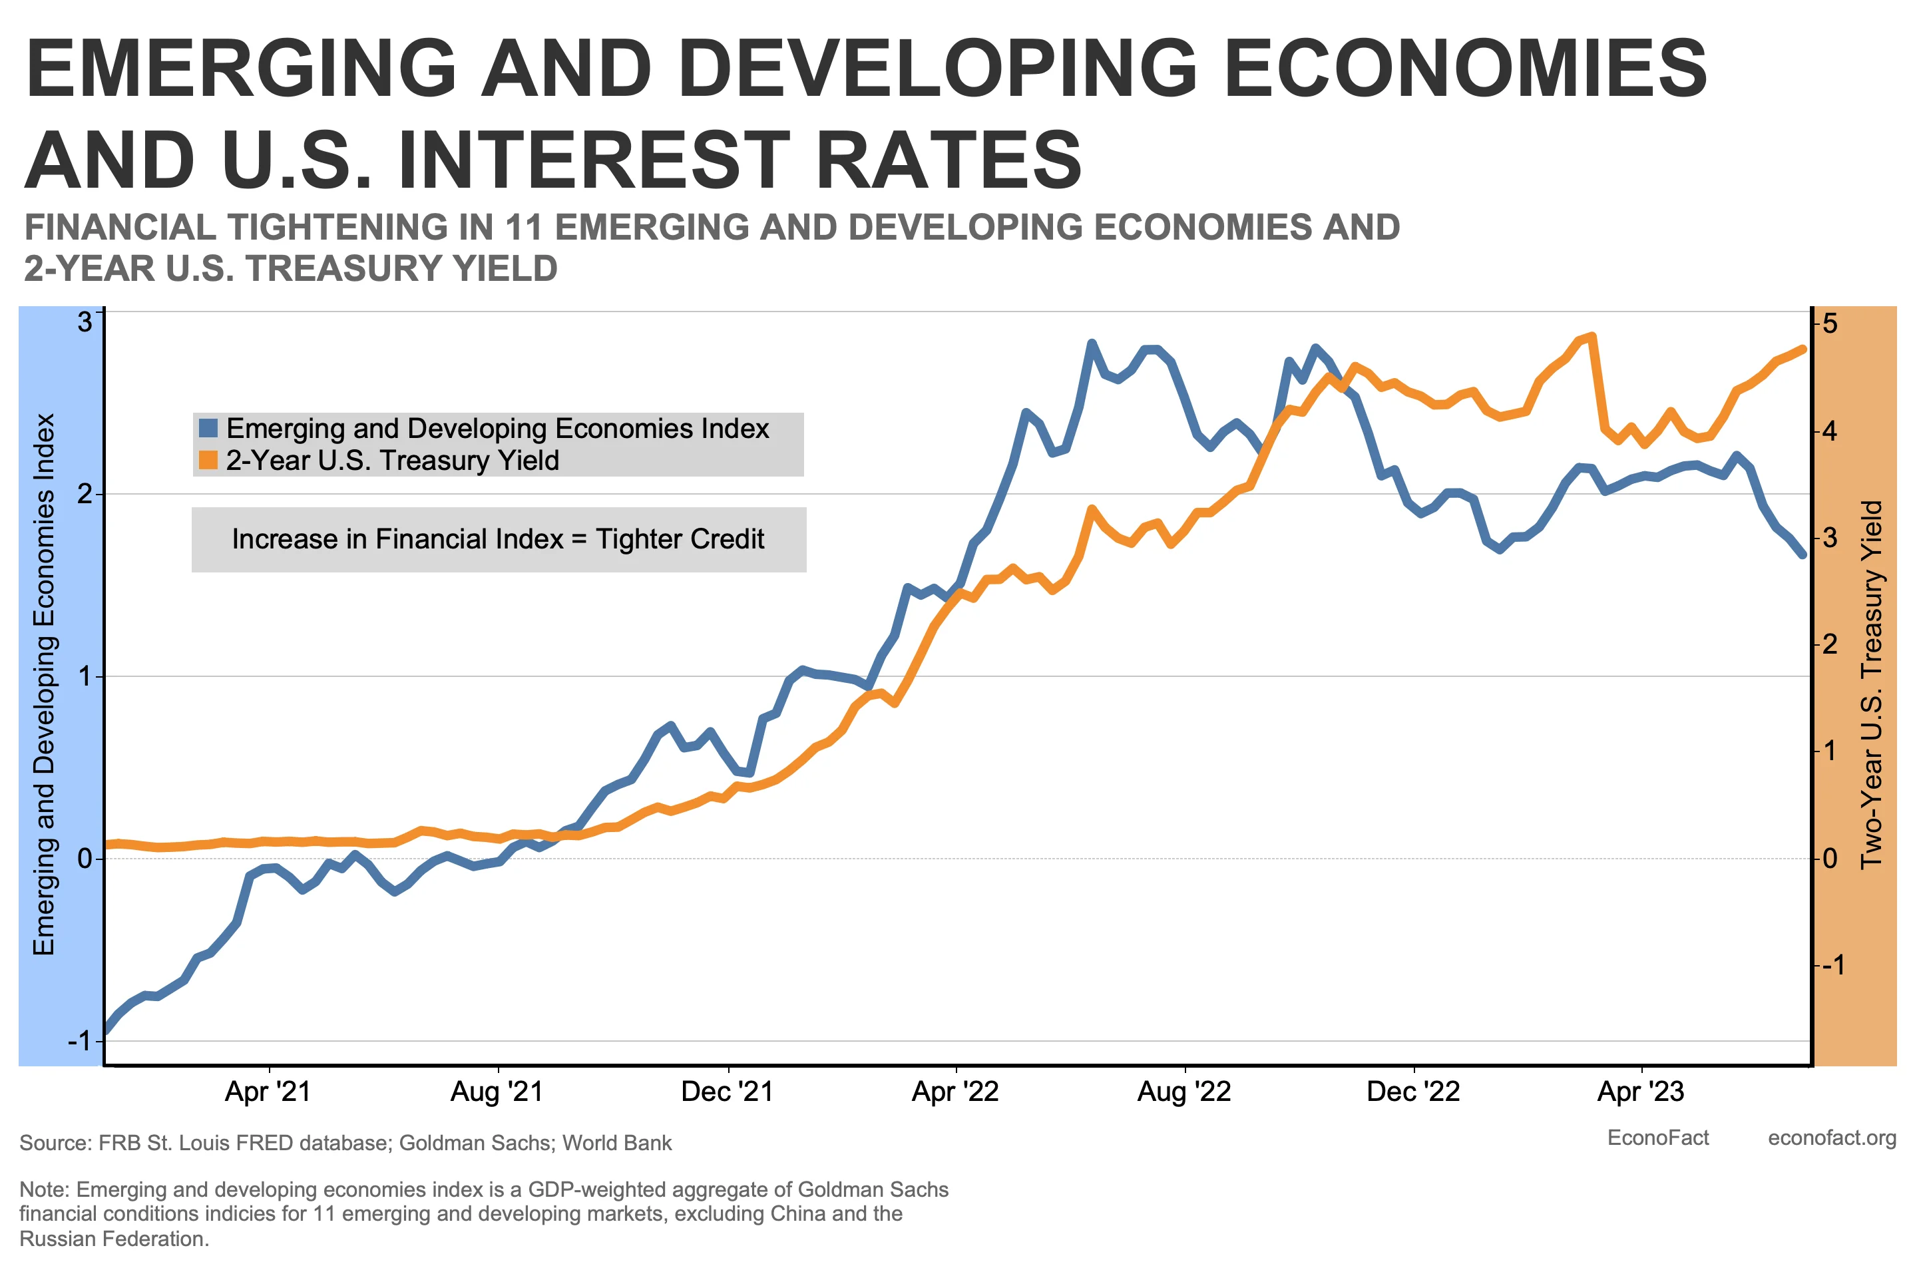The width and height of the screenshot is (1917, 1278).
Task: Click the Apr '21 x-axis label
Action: pos(268,1092)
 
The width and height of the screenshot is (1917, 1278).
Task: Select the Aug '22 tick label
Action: pos(1183,1092)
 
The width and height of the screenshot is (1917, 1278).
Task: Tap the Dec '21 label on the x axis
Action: pos(727,1092)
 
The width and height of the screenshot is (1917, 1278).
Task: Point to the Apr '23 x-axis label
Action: pos(1641,1092)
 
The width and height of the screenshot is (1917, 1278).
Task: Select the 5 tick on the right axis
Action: pos(1830,324)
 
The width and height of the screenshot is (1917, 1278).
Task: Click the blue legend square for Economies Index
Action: pos(208,428)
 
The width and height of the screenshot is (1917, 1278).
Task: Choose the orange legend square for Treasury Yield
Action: pos(208,460)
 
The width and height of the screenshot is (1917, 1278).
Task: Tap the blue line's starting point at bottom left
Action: pos(106,1030)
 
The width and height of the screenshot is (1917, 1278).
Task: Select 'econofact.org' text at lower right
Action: pos(1831,1138)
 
